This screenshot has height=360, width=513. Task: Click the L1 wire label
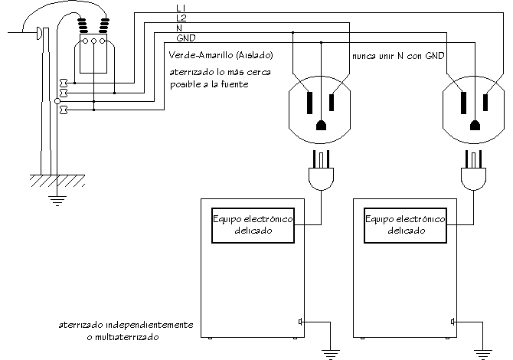180,8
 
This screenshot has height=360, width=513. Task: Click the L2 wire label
180,17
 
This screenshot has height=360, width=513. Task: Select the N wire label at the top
178,28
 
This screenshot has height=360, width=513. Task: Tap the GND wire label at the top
185,38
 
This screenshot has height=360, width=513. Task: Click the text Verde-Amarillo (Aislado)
219,56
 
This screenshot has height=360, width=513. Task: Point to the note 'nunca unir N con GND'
398,57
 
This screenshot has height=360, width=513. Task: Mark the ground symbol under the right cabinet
482,352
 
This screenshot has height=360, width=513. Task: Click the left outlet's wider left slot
309,101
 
